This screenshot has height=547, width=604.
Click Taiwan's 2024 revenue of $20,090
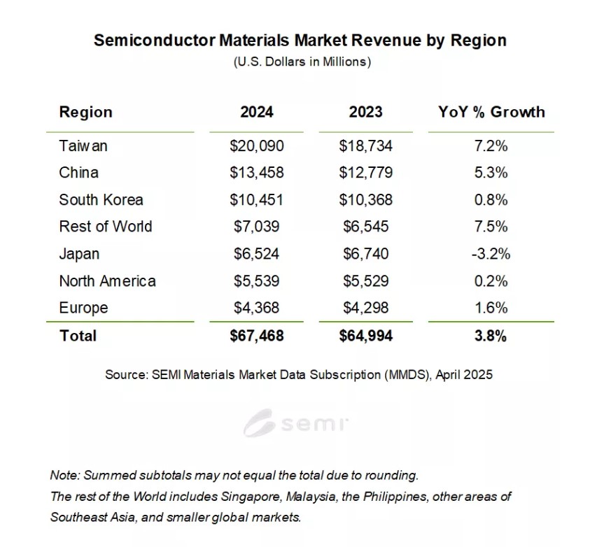pos(256,146)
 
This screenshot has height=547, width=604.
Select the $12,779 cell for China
pos(365,173)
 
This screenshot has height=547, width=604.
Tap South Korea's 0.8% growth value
pos(490,200)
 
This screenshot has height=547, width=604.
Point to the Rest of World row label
pos(105,227)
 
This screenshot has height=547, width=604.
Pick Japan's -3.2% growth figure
pos(490,254)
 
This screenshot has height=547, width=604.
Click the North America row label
pos(107,281)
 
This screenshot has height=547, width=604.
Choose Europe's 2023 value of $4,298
pos(365,308)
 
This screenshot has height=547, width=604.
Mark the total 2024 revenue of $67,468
pos(256,336)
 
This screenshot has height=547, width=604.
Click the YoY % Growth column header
pos(491,112)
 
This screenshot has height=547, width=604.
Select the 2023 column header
pos(365,112)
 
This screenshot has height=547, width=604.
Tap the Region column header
pos(85,112)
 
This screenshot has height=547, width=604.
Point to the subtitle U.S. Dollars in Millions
pos(302,62)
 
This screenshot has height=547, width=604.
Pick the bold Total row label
pos(78,336)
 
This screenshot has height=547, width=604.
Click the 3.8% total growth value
pos(490,336)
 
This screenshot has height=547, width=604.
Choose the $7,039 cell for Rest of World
pos(256,227)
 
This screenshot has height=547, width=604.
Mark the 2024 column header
pos(256,112)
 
